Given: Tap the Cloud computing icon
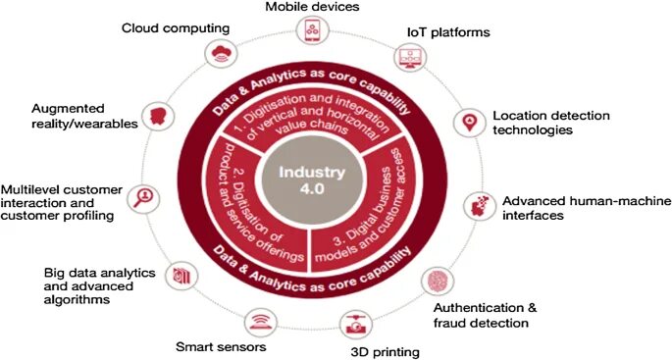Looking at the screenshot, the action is point(217,52).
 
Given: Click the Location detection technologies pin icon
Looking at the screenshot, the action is point(469,122).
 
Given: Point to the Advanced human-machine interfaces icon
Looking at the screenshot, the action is point(478,203).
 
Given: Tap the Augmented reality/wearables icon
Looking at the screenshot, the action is point(155,116).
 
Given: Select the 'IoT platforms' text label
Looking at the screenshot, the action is point(448,32).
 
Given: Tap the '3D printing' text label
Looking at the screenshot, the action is point(385,351).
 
